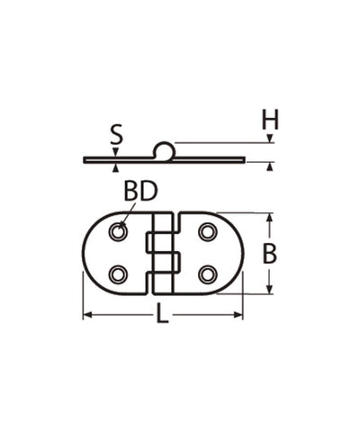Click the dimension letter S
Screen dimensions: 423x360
coord(116,136)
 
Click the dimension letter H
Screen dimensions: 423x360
coord(269,118)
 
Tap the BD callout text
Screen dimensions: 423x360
coord(140,192)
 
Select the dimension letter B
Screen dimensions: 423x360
coord(269,255)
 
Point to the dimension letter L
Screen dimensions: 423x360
coord(162,314)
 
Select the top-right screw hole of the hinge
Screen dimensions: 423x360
coord(207,234)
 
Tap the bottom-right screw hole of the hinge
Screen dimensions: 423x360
coord(207,274)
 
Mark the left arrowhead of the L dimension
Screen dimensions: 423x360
coord(87,315)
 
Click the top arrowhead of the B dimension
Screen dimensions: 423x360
coord(269,218)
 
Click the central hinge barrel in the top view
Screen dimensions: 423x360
coord(163,254)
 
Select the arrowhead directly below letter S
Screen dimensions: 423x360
coord(116,153)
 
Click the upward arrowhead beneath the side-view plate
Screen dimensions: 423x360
coord(116,168)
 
